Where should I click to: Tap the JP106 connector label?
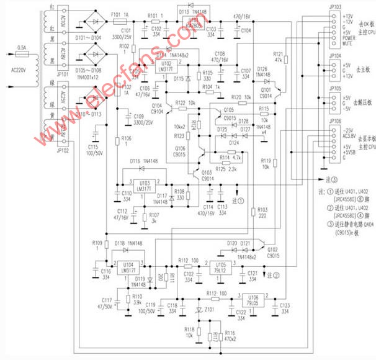pos(333,121)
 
